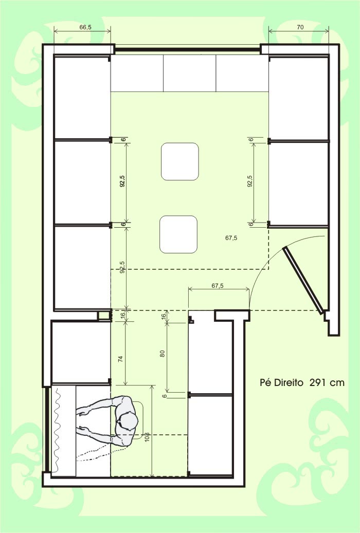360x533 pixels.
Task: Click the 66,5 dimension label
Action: [85, 28]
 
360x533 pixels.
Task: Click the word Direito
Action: [289, 383]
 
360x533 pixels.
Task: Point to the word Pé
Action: [266, 383]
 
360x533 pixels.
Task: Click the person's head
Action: [128, 420]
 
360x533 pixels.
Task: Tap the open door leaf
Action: [303, 280]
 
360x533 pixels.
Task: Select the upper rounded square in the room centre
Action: [179, 161]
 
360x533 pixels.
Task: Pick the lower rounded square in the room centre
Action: [178, 234]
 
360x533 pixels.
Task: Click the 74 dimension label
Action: [121, 359]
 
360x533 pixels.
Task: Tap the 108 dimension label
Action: [147, 437]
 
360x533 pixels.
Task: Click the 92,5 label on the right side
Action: [250, 181]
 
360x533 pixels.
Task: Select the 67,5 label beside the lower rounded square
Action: [231, 238]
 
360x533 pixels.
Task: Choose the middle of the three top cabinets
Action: [189, 73]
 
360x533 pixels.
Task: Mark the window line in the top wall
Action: [187, 50]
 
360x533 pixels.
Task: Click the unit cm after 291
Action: [337, 383]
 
